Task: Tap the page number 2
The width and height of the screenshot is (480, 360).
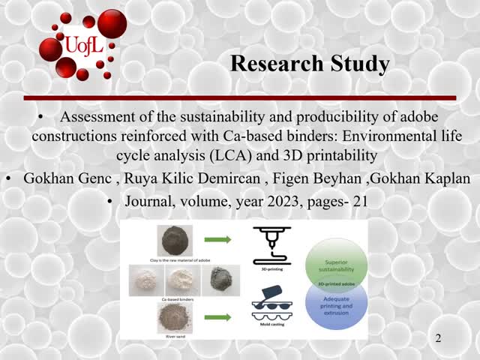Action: click(x=439, y=339)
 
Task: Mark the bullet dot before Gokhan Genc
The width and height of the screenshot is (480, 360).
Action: click(x=8, y=179)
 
